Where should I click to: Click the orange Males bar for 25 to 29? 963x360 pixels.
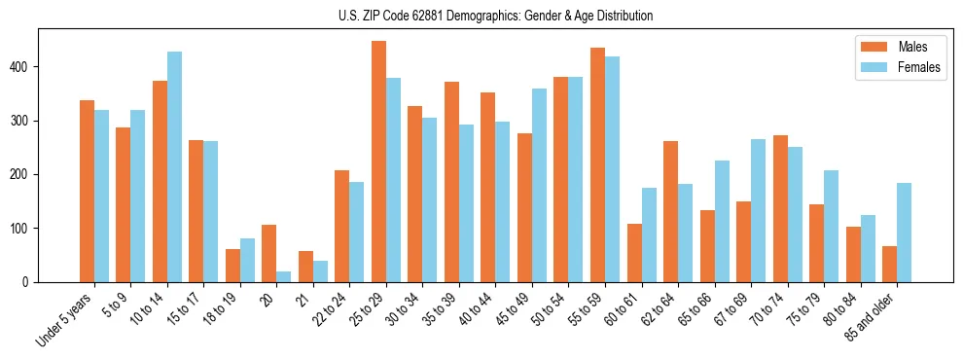[x=378, y=162]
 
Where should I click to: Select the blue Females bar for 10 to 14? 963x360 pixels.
[x=174, y=166]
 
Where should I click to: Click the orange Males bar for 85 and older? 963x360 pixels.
[x=890, y=264]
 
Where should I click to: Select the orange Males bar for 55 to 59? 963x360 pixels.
[x=597, y=164]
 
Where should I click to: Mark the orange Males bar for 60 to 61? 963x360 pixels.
[x=634, y=253]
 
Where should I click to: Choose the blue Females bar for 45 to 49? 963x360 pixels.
[x=539, y=185]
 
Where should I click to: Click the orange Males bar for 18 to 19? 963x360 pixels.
[x=232, y=266]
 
